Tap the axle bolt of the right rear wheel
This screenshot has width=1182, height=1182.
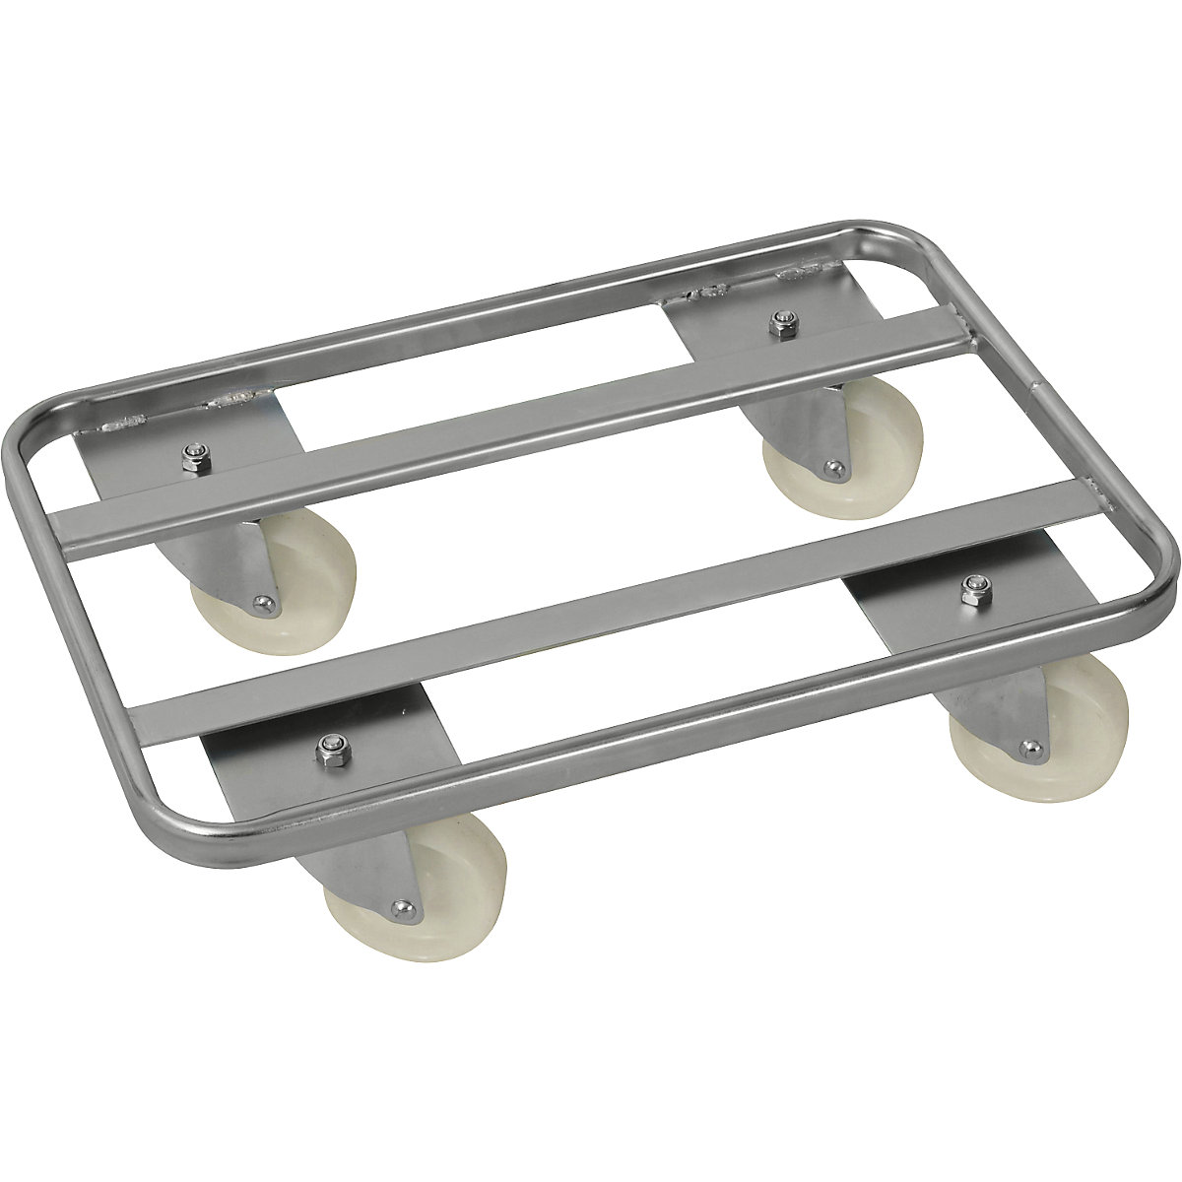834,470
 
